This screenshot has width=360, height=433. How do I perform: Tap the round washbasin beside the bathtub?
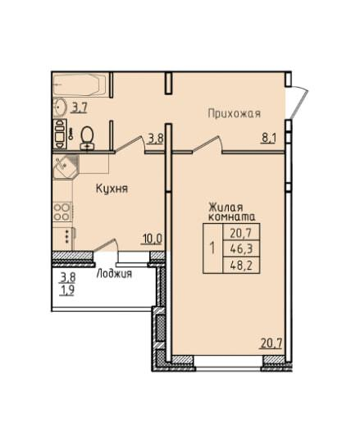(60, 107)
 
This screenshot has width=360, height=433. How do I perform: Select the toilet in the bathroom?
(87, 138)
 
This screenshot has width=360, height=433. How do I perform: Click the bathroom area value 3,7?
(80, 107)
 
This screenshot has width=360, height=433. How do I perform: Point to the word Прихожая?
(234, 113)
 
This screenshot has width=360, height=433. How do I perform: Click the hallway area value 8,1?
(269, 138)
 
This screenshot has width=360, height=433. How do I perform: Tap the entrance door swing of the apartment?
(299, 102)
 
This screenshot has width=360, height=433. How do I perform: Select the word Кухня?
(112, 189)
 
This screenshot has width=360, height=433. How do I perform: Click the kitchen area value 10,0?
(152, 239)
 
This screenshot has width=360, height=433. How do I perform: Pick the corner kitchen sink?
(66, 166)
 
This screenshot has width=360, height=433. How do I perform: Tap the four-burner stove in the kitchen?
(62, 212)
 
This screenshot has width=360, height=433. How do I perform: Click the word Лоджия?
(114, 274)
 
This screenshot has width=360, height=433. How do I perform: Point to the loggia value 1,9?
(67, 290)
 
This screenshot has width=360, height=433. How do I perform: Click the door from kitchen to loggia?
(107, 245)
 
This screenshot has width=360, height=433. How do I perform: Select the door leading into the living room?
(208, 144)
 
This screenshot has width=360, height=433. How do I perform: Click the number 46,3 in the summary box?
(241, 249)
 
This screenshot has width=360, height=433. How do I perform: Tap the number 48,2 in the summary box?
(241, 266)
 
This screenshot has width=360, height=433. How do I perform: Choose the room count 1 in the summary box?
(212, 248)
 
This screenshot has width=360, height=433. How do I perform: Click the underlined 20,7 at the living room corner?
(271, 344)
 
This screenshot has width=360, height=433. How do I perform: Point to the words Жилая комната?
(231, 212)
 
